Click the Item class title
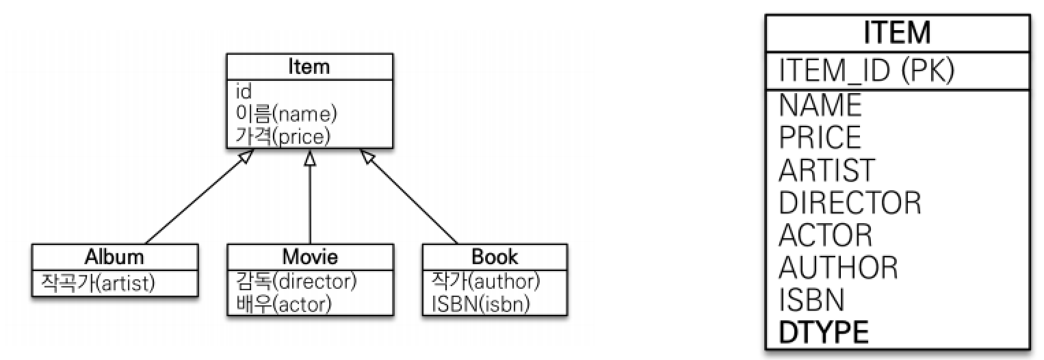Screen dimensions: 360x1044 coord(310,67)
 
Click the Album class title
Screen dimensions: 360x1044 coord(114,257)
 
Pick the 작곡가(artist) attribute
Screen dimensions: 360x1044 coord(94,281)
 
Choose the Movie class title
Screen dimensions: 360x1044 coord(310,257)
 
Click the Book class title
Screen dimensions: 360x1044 coord(495,257)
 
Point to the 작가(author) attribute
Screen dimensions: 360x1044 coord(486,280)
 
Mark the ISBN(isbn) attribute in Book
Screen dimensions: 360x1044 coord(481,303)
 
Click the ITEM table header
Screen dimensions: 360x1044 coord(897,33)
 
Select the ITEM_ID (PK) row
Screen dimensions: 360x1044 coord(867,70)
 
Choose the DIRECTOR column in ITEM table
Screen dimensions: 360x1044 coord(850,202)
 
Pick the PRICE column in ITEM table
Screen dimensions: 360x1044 coord(820,137)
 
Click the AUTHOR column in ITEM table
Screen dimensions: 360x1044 coord(838,267)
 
